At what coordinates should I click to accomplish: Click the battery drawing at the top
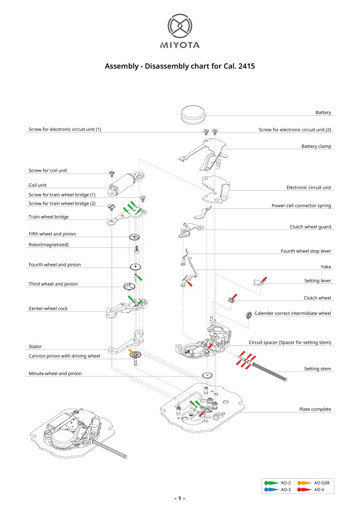pyautogui.click(x=193, y=115)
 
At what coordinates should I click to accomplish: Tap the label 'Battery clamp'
pyautogui.click(x=316, y=146)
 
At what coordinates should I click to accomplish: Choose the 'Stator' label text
pyautogui.click(x=35, y=346)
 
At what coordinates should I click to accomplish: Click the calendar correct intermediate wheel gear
pyautogui.click(x=249, y=315)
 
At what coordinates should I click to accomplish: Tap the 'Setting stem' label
pyautogui.click(x=318, y=369)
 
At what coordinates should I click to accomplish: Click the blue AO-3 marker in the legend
pyautogui.click(x=272, y=489)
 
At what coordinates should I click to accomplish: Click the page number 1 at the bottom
pyautogui.click(x=180, y=498)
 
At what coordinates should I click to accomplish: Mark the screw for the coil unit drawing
pyautogui.click(x=112, y=173)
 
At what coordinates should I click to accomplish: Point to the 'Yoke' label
pyautogui.click(x=326, y=267)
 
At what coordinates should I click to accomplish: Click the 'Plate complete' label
pyautogui.click(x=315, y=409)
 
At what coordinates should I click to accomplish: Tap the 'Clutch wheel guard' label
pyautogui.click(x=310, y=227)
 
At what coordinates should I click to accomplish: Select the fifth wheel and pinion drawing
pyautogui.click(x=135, y=237)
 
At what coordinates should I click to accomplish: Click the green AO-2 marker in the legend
pyautogui.click(x=272, y=482)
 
